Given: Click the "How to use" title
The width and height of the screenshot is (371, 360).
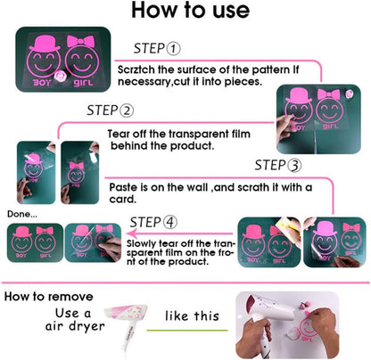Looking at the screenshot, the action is (190, 10).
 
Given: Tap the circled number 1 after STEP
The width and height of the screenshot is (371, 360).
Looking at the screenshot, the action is (173, 49).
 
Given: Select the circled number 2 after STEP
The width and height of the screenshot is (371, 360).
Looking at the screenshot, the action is (127, 110).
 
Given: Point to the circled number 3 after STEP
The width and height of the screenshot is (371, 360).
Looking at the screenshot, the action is (294, 166).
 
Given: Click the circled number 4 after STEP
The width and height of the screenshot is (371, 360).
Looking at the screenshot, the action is (169, 223).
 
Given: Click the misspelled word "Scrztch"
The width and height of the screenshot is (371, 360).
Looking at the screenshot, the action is (136, 70).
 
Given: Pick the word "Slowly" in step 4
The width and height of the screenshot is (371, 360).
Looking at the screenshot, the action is (141, 244).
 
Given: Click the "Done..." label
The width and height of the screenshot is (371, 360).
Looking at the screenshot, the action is (22, 214).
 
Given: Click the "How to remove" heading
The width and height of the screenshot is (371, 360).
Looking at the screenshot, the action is (48, 297).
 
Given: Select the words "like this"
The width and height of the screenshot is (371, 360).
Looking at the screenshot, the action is (192, 315).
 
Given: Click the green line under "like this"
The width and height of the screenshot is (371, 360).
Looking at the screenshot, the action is (187, 331).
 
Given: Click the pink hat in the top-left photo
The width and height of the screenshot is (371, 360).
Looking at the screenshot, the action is (45, 44).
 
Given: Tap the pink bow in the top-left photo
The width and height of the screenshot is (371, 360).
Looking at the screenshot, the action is (80, 42).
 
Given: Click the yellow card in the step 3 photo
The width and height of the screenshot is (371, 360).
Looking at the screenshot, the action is (286, 226).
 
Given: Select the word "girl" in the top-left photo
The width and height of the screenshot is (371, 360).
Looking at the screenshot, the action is (83, 82).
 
